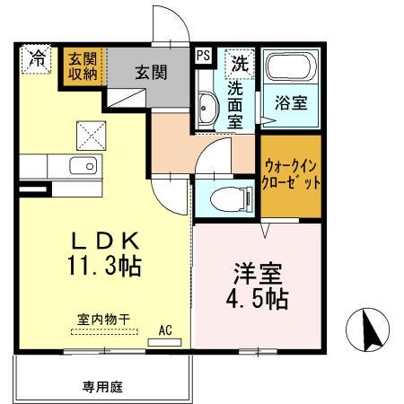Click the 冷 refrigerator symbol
click(x=37, y=60)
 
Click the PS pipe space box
click(x=204, y=56)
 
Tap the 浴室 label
click(x=292, y=102)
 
